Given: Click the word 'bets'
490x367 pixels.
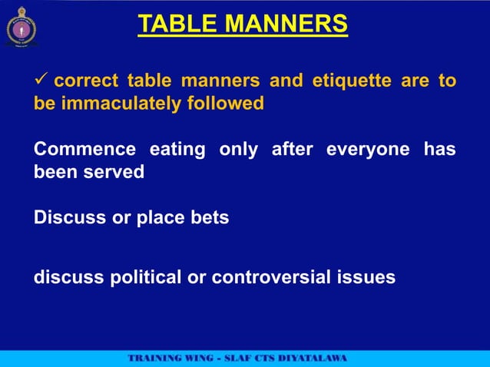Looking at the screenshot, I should pyautogui.click(x=210, y=218).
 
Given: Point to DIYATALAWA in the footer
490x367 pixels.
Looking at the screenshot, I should pyautogui.click(x=310, y=358).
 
